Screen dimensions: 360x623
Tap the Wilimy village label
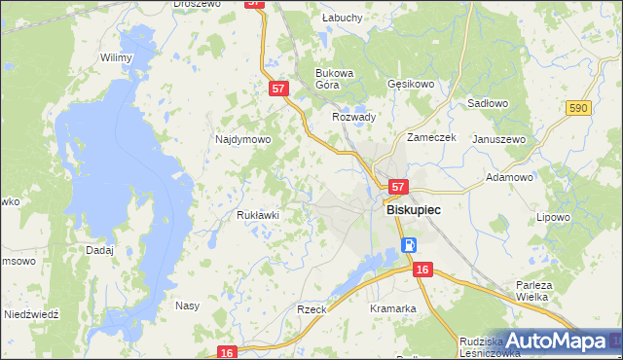pos(116,57)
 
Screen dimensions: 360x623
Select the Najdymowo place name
pos(242,139)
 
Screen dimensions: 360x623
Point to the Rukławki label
pos(258,215)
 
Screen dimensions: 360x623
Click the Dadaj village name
pos(99,249)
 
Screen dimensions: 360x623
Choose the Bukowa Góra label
pos(333,79)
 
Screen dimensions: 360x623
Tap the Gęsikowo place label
pos(410,85)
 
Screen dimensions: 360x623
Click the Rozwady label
pos(354,117)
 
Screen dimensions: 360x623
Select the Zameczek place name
pos(432,138)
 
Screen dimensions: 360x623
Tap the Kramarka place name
pos(393,308)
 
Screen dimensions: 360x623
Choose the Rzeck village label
pos(311,308)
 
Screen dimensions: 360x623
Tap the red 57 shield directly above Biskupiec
pos(396,185)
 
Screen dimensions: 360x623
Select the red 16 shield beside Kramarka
pos(421,269)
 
